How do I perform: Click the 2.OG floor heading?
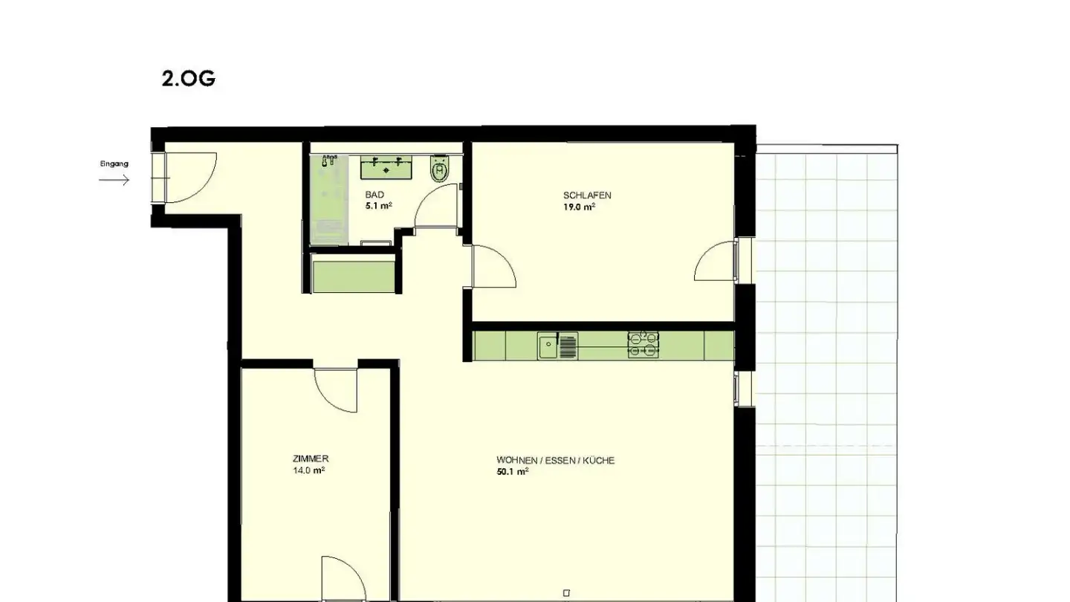pyautogui.click(x=188, y=79)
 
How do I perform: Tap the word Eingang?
pyautogui.click(x=114, y=164)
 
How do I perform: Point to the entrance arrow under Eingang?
pyautogui.click(x=114, y=180)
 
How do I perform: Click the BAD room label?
pyautogui.click(x=374, y=195)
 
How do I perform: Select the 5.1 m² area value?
pyautogui.click(x=379, y=206)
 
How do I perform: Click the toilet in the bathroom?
pyautogui.click(x=439, y=169)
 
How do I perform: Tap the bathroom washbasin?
pyautogui.click(x=386, y=166)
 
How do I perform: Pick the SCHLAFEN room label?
pyautogui.click(x=587, y=195)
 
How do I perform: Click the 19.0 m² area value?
pyautogui.click(x=579, y=207)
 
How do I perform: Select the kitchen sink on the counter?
pyautogui.click(x=558, y=346)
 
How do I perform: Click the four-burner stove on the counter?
pyautogui.click(x=643, y=345)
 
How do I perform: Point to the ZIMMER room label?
pyautogui.click(x=311, y=459)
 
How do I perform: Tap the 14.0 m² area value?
pyautogui.click(x=308, y=470)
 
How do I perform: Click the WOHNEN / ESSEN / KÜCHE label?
pyautogui.click(x=556, y=461)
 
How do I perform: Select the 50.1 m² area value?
pyautogui.click(x=513, y=472)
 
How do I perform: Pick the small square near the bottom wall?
pyautogui.click(x=566, y=593)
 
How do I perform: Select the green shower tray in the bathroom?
pyautogui.click(x=328, y=200)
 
